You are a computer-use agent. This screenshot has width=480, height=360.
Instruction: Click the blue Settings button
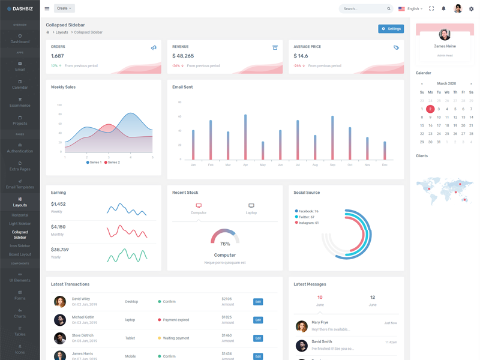click(x=391, y=29)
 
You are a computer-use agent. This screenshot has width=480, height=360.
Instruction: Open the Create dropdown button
click(x=64, y=8)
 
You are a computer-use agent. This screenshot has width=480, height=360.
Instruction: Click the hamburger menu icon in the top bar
click(x=47, y=9)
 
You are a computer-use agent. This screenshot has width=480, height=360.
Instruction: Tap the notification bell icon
click(x=443, y=9)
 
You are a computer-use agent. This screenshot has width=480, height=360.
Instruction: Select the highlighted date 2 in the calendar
click(x=430, y=109)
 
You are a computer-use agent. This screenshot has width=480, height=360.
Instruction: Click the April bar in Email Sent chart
click(x=245, y=137)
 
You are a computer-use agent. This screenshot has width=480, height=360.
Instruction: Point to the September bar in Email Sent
click(x=332, y=137)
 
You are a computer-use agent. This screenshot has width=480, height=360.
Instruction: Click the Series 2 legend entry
click(x=112, y=163)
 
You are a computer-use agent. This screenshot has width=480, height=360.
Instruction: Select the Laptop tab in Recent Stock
click(x=251, y=208)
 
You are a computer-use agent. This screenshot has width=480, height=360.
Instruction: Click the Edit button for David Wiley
click(x=258, y=302)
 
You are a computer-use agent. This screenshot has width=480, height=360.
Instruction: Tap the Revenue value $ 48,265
click(x=184, y=56)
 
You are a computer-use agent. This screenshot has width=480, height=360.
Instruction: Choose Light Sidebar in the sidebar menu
click(x=20, y=224)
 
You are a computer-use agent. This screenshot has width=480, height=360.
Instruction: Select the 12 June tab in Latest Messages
click(x=373, y=300)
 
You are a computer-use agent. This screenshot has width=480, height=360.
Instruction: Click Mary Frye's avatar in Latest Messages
click(x=302, y=326)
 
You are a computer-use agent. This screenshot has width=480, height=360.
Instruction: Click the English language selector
click(x=410, y=9)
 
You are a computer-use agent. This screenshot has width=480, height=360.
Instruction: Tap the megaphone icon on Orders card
click(x=154, y=47)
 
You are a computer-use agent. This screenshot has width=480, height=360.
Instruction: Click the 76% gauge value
click(x=225, y=244)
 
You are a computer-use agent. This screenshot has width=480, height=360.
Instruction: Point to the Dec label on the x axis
click(x=385, y=165)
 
